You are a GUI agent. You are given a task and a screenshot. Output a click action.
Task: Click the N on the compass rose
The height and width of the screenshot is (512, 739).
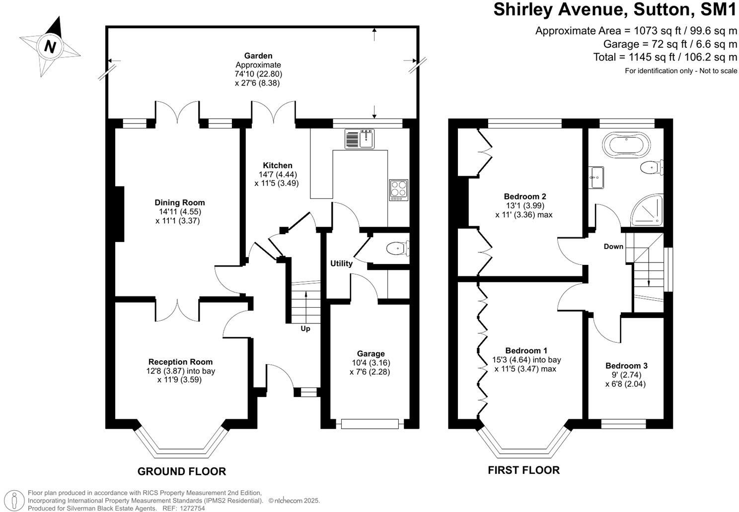pyautogui.click(x=49, y=47)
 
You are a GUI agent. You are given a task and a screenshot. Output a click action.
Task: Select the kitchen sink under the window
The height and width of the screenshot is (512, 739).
pyautogui.click(x=359, y=138)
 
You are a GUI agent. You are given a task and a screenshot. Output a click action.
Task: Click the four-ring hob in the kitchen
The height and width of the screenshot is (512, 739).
pyautogui.click(x=398, y=190)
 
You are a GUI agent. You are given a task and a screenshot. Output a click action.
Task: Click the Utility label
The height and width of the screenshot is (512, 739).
pyautogui.click(x=341, y=263)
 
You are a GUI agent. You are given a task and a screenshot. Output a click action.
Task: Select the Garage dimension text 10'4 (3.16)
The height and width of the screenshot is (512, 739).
pyautogui.click(x=370, y=363)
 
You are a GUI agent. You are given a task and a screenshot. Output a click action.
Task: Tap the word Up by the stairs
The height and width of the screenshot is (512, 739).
pyautogui.click(x=305, y=328)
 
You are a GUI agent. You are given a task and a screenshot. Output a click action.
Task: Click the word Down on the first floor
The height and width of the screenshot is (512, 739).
pyautogui.click(x=613, y=247)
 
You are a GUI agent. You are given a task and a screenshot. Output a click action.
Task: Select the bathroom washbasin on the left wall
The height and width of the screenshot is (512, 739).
pyautogui.click(x=596, y=178)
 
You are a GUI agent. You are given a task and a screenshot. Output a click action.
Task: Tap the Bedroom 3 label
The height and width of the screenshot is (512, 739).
pyautogui.click(x=626, y=366)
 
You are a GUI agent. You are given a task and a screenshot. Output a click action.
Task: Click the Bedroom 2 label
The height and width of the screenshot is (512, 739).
pyautogui.click(x=524, y=196)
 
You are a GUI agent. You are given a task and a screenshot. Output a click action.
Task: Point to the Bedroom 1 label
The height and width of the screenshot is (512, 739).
pyautogui.click(x=525, y=350)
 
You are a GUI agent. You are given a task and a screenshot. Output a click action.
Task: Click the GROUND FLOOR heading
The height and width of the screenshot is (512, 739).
pyautogui.click(x=181, y=471)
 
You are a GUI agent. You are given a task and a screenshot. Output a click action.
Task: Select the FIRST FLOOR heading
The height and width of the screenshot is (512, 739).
pyautogui.click(x=523, y=470)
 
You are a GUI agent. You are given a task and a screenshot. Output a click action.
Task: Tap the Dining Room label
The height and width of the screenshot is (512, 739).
pyautogui.click(x=179, y=202)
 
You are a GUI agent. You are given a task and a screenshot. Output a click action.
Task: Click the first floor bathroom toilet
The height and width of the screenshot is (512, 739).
pyautogui.click(x=651, y=168)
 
